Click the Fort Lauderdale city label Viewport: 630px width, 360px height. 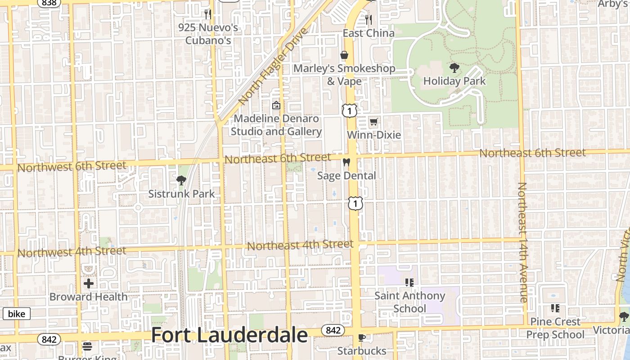[229, 336]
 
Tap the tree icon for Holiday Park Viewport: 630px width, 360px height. [454, 68]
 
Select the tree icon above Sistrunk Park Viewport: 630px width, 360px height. [181, 180]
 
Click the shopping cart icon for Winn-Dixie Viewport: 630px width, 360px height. [373, 121]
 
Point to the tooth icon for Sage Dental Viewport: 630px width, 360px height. [346, 162]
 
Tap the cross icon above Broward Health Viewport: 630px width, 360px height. [89, 283]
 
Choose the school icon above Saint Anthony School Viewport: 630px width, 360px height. [409, 283]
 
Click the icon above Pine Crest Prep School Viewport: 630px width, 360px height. [555, 308]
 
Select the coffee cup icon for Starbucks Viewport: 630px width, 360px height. [361, 337]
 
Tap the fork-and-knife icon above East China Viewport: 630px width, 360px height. [369, 19]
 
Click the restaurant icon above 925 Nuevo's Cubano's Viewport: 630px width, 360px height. [207, 14]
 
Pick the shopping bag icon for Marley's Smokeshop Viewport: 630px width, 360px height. [344, 55]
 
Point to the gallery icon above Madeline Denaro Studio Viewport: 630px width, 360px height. [276, 106]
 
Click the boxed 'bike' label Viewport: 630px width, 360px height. [17, 314]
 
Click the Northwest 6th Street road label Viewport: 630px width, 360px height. [72, 166]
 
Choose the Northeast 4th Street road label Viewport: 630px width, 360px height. [300, 245]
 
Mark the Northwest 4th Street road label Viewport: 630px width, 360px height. [72, 252]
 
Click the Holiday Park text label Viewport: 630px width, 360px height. [454, 81]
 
